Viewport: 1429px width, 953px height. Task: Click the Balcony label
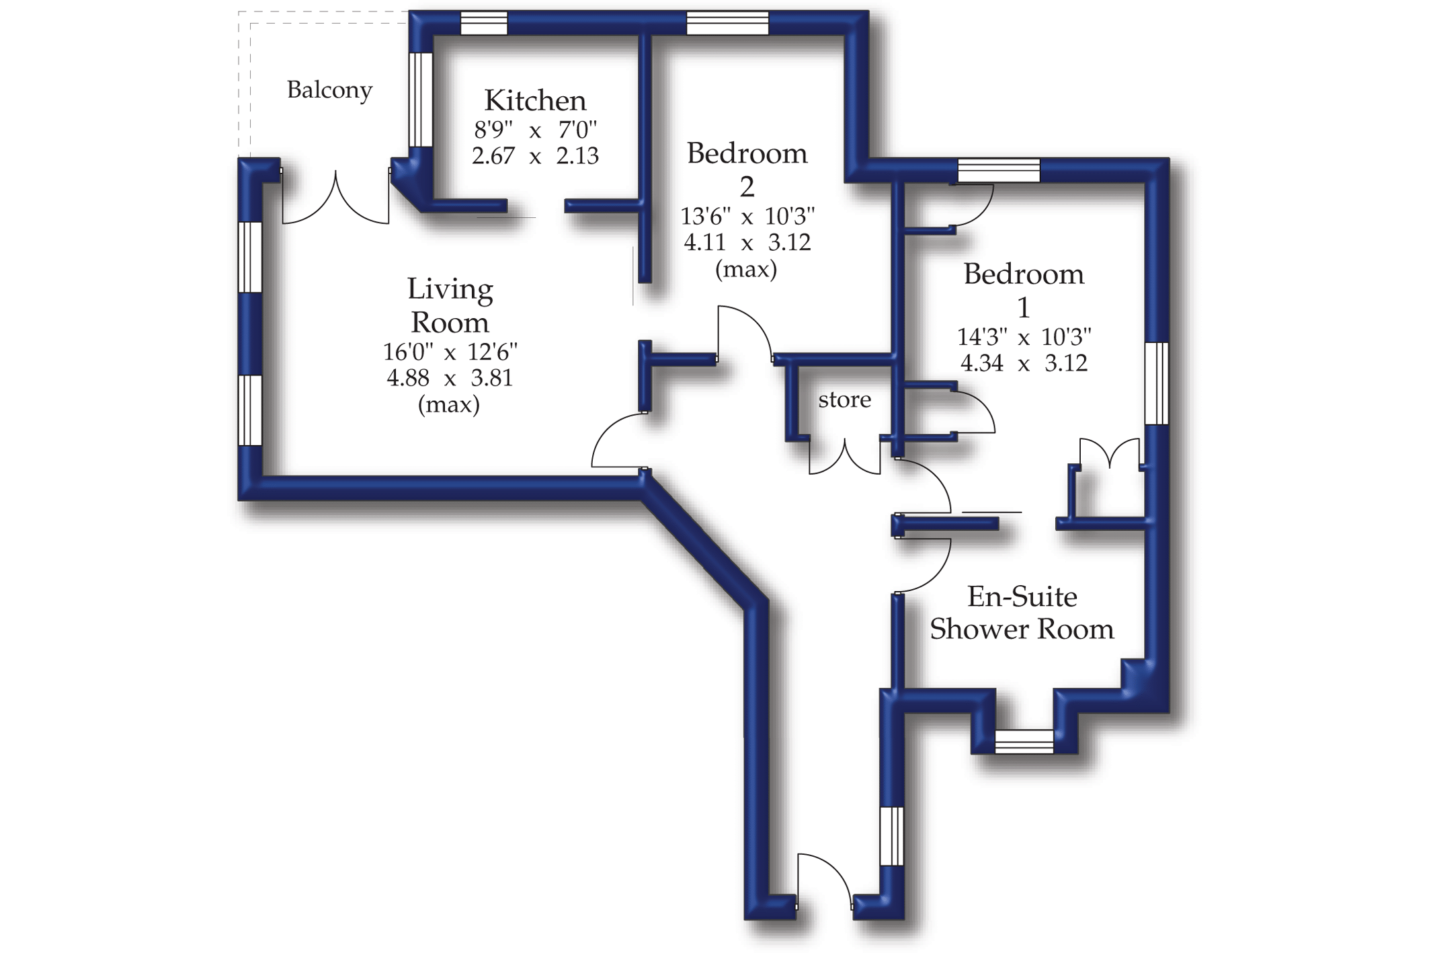[329, 90]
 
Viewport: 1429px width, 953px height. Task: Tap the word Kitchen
[535, 101]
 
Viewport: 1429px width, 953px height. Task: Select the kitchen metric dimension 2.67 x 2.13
[535, 156]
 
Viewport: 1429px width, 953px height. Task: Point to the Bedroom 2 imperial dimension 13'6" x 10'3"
[747, 217]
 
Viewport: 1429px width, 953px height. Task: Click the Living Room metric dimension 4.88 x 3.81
[449, 378]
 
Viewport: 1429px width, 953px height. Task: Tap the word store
[844, 399]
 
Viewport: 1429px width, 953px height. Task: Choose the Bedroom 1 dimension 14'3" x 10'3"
[1023, 336]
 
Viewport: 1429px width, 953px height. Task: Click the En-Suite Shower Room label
[1022, 613]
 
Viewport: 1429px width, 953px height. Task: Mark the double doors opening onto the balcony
[335, 198]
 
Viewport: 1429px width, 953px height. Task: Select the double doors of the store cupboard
[844, 457]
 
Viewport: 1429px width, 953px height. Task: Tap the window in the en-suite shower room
[1024, 741]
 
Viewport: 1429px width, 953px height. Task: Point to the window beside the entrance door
[891, 835]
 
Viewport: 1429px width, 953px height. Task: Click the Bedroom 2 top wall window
[727, 24]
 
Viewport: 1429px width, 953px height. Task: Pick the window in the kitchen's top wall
[483, 24]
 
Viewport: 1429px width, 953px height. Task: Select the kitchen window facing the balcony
[421, 100]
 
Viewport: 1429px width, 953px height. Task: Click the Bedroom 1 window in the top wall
[998, 170]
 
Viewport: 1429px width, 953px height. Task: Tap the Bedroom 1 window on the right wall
[1156, 383]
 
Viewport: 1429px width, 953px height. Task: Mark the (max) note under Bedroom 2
[745, 270]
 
